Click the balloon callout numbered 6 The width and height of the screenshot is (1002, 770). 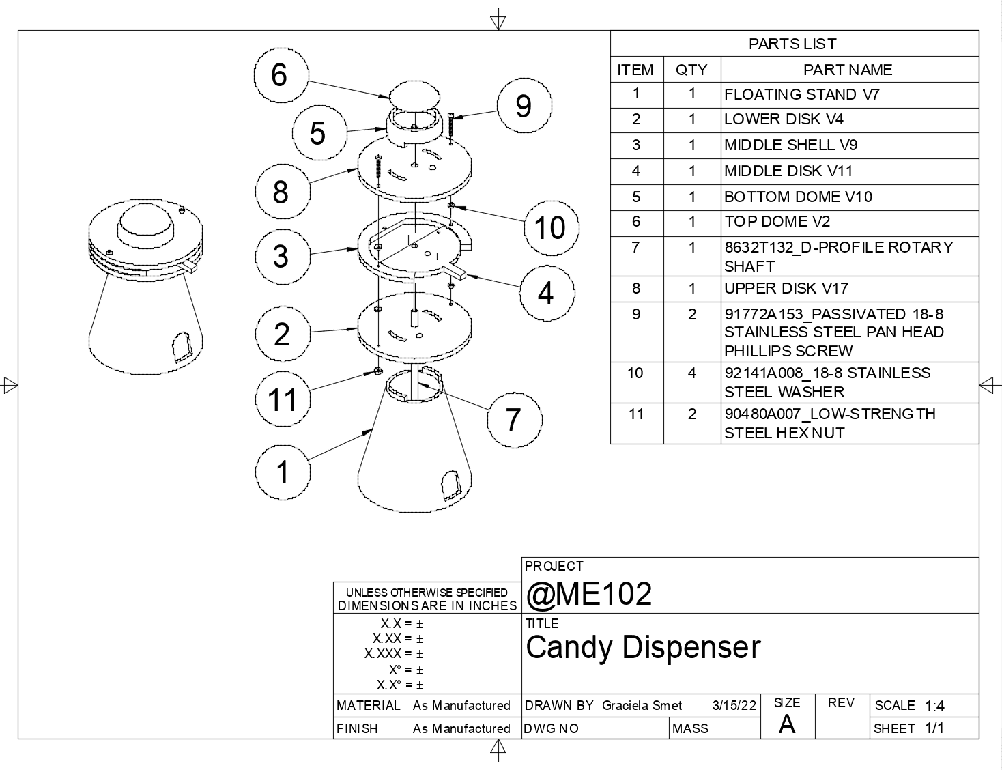tap(281, 74)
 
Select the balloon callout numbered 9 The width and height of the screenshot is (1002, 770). tap(524, 106)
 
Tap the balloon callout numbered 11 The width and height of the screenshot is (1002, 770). tap(282, 399)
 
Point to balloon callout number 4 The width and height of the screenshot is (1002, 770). tap(546, 294)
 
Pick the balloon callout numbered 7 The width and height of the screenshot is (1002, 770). tap(514, 420)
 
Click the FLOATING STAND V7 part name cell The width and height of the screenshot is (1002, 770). tap(802, 94)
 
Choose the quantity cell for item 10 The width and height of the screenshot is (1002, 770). tap(691, 373)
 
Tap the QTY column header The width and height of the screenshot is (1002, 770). tap(691, 70)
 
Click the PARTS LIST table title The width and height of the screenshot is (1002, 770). tap(792, 44)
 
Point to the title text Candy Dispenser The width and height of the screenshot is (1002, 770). tap(643, 647)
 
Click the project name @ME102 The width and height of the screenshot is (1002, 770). tap(589, 594)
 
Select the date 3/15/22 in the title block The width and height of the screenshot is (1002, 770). tap(734, 706)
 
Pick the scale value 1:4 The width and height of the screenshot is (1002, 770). tap(934, 706)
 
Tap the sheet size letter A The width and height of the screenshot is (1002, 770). tap(787, 724)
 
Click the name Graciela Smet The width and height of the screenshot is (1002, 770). tap(642, 706)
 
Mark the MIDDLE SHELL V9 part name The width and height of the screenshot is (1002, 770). tap(791, 145)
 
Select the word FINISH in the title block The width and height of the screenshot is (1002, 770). tap(357, 728)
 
